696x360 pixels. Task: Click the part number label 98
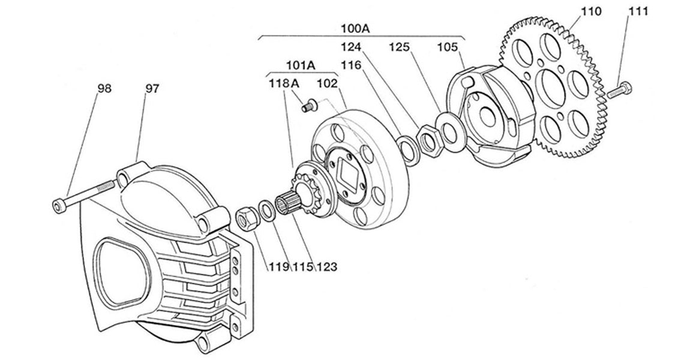click(x=105, y=88)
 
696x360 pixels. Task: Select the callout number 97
click(x=152, y=88)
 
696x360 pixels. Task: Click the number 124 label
click(x=353, y=46)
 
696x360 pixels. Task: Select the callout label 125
click(x=401, y=46)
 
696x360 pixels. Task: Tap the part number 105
click(x=447, y=46)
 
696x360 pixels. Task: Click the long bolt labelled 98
click(x=84, y=195)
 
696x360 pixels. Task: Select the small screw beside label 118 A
click(x=308, y=106)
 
